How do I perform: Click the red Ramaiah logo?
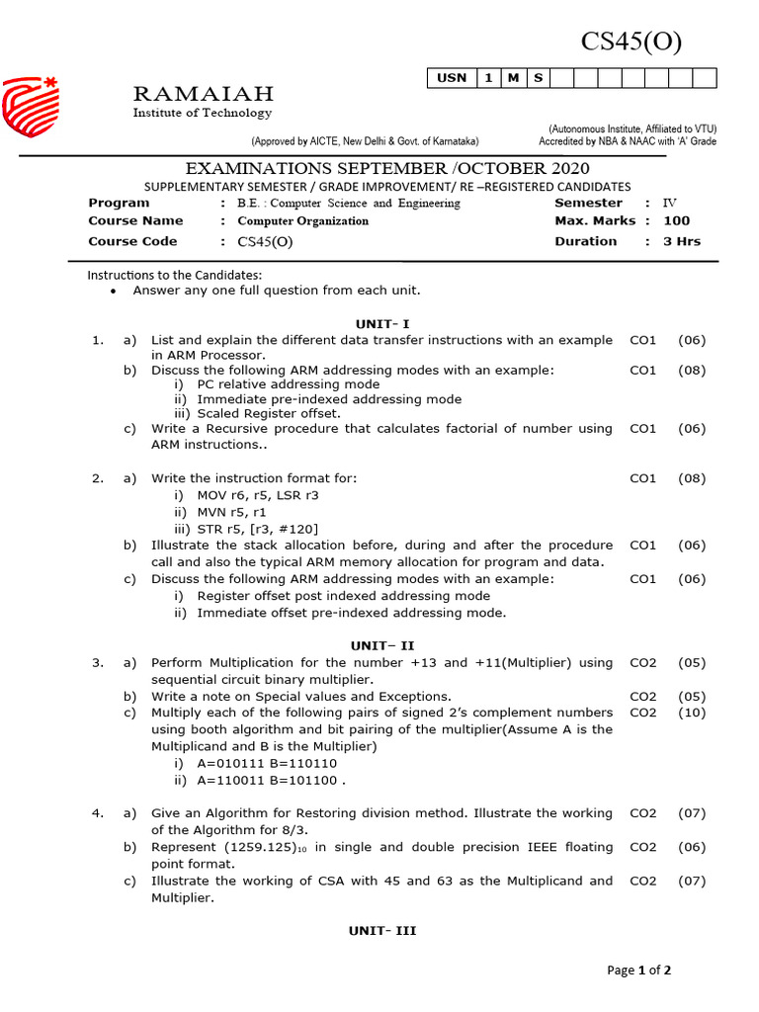click(x=30, y=107)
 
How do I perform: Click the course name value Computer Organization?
click(x=302, y=221)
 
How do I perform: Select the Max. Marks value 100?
click(x=677, y=221)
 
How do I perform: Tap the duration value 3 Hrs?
click(x=681, y=241)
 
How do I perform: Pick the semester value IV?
click(x=670, y=203)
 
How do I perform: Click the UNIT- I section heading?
click(x=382, y=323)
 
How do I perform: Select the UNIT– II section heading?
click(x=382, y=645)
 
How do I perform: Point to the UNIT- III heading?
click(x=382, y=931)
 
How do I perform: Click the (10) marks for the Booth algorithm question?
click(x=692, y=713)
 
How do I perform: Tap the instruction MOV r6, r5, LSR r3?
click(x=258, y=494)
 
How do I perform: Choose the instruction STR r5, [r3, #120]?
click(x=258, y=528)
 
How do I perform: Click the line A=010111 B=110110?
click(x=266, y=763)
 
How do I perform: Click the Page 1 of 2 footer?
click(x=638, y=970)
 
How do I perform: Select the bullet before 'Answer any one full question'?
click(x=115, y=292)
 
